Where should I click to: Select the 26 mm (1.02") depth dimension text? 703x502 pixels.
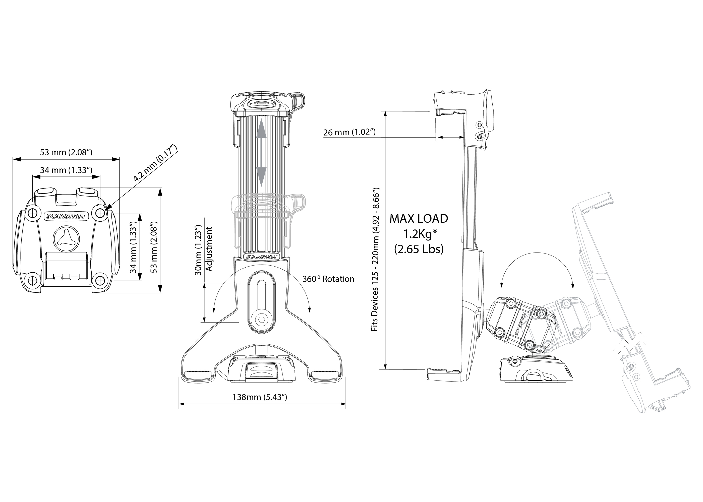pyautogui.click(x=349, y=132)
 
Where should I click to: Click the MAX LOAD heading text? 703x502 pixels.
pyautogui.click(x=419, y=219)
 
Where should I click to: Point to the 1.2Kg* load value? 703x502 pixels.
pyautogui.click(x=419, y=234)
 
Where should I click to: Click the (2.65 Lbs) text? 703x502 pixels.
pyautogui.click(x=419, y=249)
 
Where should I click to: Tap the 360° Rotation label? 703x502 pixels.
pyautogui.click(x=328, y=279)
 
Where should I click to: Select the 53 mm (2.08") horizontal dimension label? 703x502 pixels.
pyautogui.click(x=66, y=152)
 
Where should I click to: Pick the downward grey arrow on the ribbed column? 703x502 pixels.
pyautogui.click(x=261, y=176)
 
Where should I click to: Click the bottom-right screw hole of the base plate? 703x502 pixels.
pyautogui.click(x=100, y=280)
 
